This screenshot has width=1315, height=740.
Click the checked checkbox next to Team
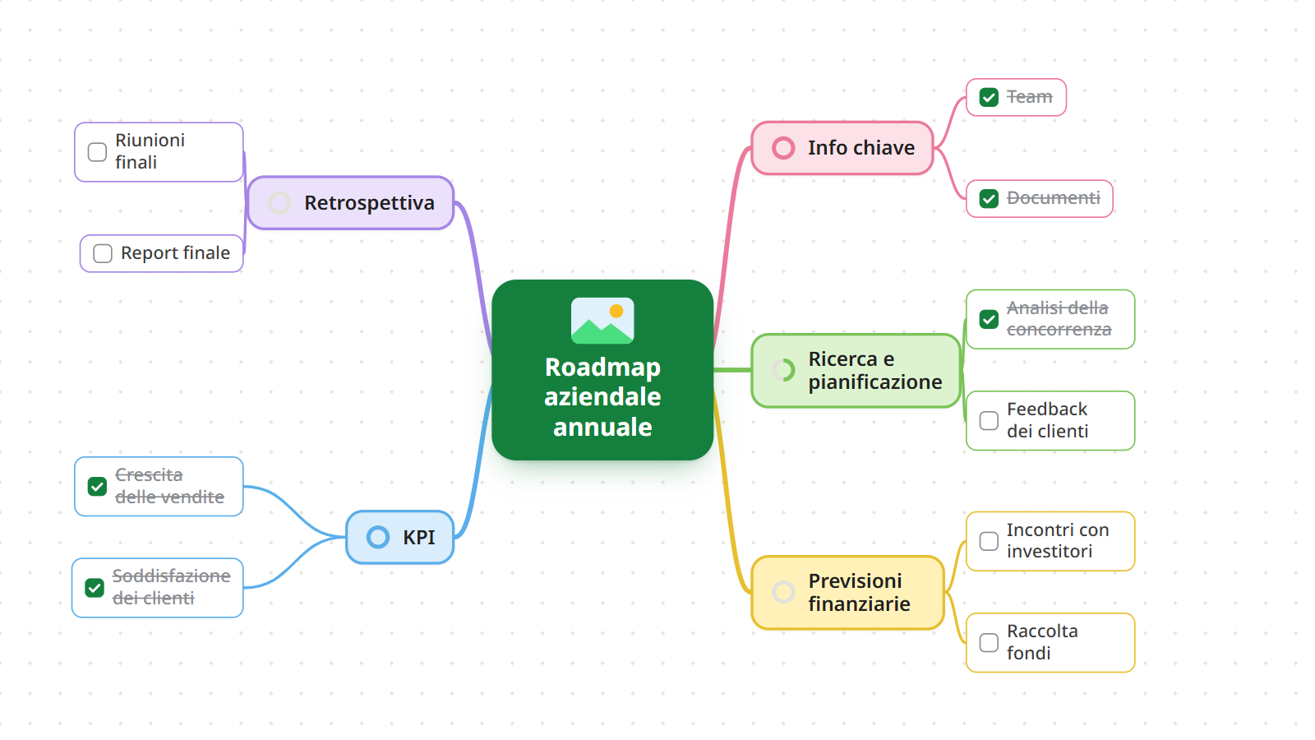tap(989, 97)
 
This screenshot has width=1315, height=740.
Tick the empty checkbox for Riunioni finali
tap(97, 151)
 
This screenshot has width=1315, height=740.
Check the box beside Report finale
tap(103, 253)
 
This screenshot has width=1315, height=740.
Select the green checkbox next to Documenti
tap(989, 198)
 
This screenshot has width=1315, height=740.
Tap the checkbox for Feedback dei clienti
tap(989, 420)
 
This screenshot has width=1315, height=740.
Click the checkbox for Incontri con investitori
tap(989, 541)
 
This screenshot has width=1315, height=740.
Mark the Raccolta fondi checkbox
tap(989, 642)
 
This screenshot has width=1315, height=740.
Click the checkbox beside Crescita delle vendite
tap(97, 486)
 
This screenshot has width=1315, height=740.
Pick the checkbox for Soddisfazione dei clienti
tap(95, 587)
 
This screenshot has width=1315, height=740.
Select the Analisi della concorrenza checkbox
tap(989, 319)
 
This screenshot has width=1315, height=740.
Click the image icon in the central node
tap(602, 320)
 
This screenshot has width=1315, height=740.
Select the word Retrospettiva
tap(369, 202)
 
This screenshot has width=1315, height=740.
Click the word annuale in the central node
tap(602, 427)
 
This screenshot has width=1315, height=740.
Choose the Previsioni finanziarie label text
tap(859, 592)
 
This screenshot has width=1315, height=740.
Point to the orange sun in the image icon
tap(616, 311)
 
